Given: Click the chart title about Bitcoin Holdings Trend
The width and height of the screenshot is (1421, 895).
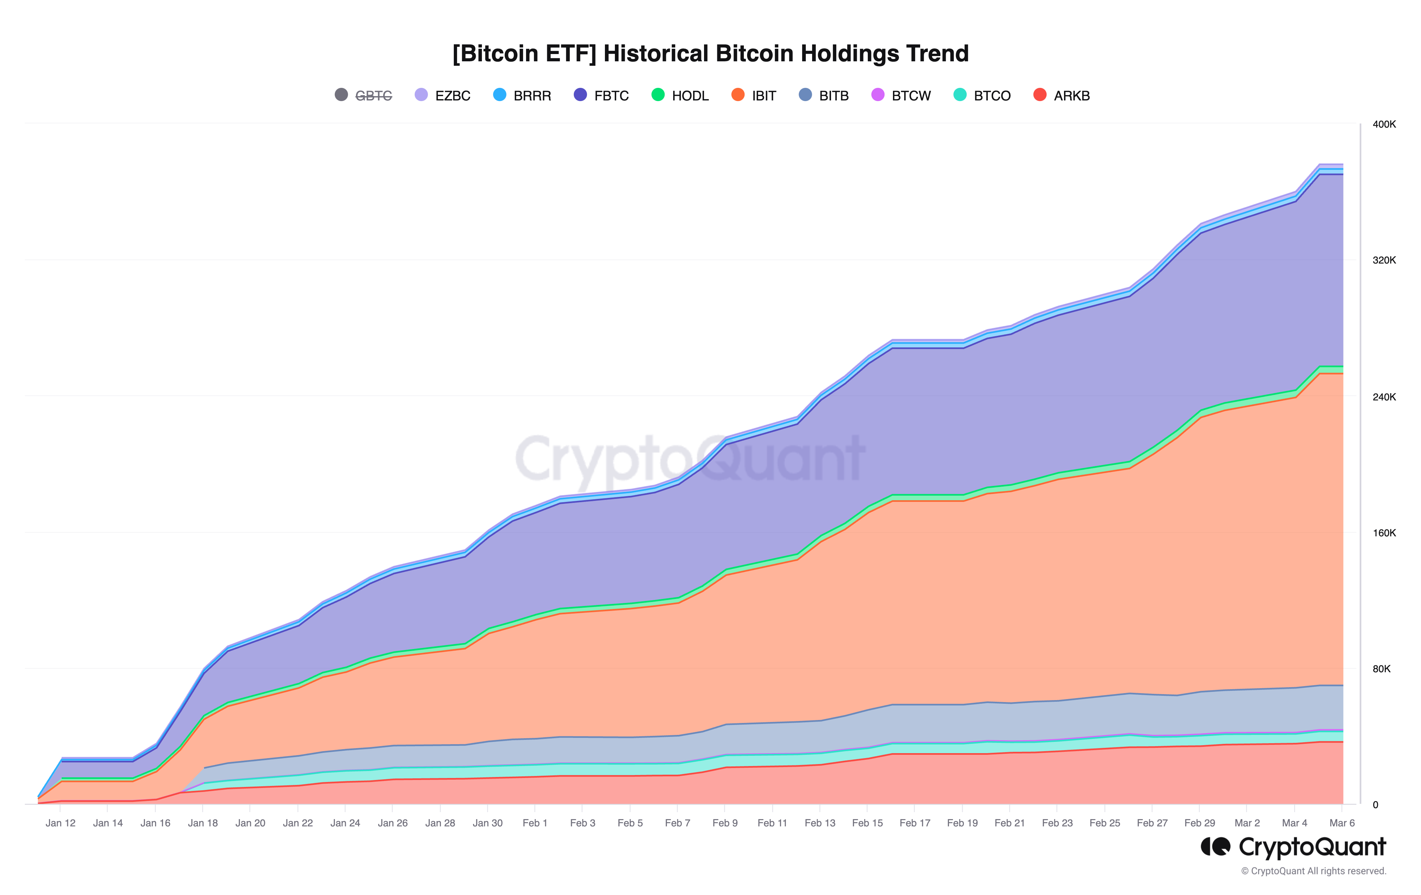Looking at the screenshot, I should (x=710, y=54).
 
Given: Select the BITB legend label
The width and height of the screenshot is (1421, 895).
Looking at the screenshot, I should (x=833, y=95).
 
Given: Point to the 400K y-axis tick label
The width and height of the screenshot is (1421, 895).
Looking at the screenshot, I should (x=1384, y=125).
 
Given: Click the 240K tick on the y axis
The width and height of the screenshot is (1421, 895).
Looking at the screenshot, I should (x=1384, y=397).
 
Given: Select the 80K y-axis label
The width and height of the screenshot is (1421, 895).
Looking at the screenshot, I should (x=1382, y=669).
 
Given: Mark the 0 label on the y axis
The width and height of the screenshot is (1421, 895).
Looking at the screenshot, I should (x=1376, y=805).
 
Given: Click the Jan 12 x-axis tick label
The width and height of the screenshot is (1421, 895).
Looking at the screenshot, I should (x=60, y=823).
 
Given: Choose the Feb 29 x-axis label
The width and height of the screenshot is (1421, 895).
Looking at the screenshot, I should (x=1199, y=823).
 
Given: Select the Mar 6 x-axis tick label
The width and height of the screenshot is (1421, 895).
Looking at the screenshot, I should (x=1342, y=823).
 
